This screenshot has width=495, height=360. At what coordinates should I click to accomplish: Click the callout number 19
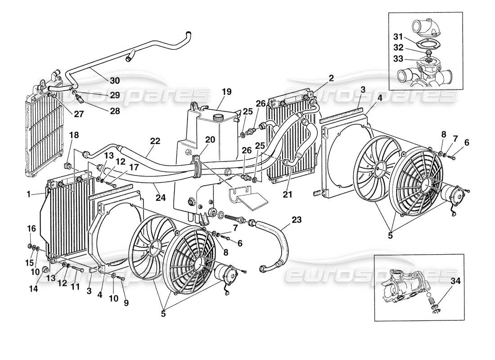(226, 92)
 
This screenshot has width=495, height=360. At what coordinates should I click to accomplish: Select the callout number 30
(115, 81)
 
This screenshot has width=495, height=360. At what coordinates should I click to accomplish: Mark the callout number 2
(331, 78)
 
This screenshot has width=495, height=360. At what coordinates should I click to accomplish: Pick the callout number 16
(30, 229)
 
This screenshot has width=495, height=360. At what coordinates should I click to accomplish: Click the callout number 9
(126, 303)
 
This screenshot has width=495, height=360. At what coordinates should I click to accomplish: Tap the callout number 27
(79, 114)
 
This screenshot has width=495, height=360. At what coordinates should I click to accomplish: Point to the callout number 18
(74, 135)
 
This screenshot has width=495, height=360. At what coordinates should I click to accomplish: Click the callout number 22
(155, 141)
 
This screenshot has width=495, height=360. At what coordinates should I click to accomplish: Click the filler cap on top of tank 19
(218, 117)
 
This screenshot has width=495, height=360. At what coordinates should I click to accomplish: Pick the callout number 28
(115, 111)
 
